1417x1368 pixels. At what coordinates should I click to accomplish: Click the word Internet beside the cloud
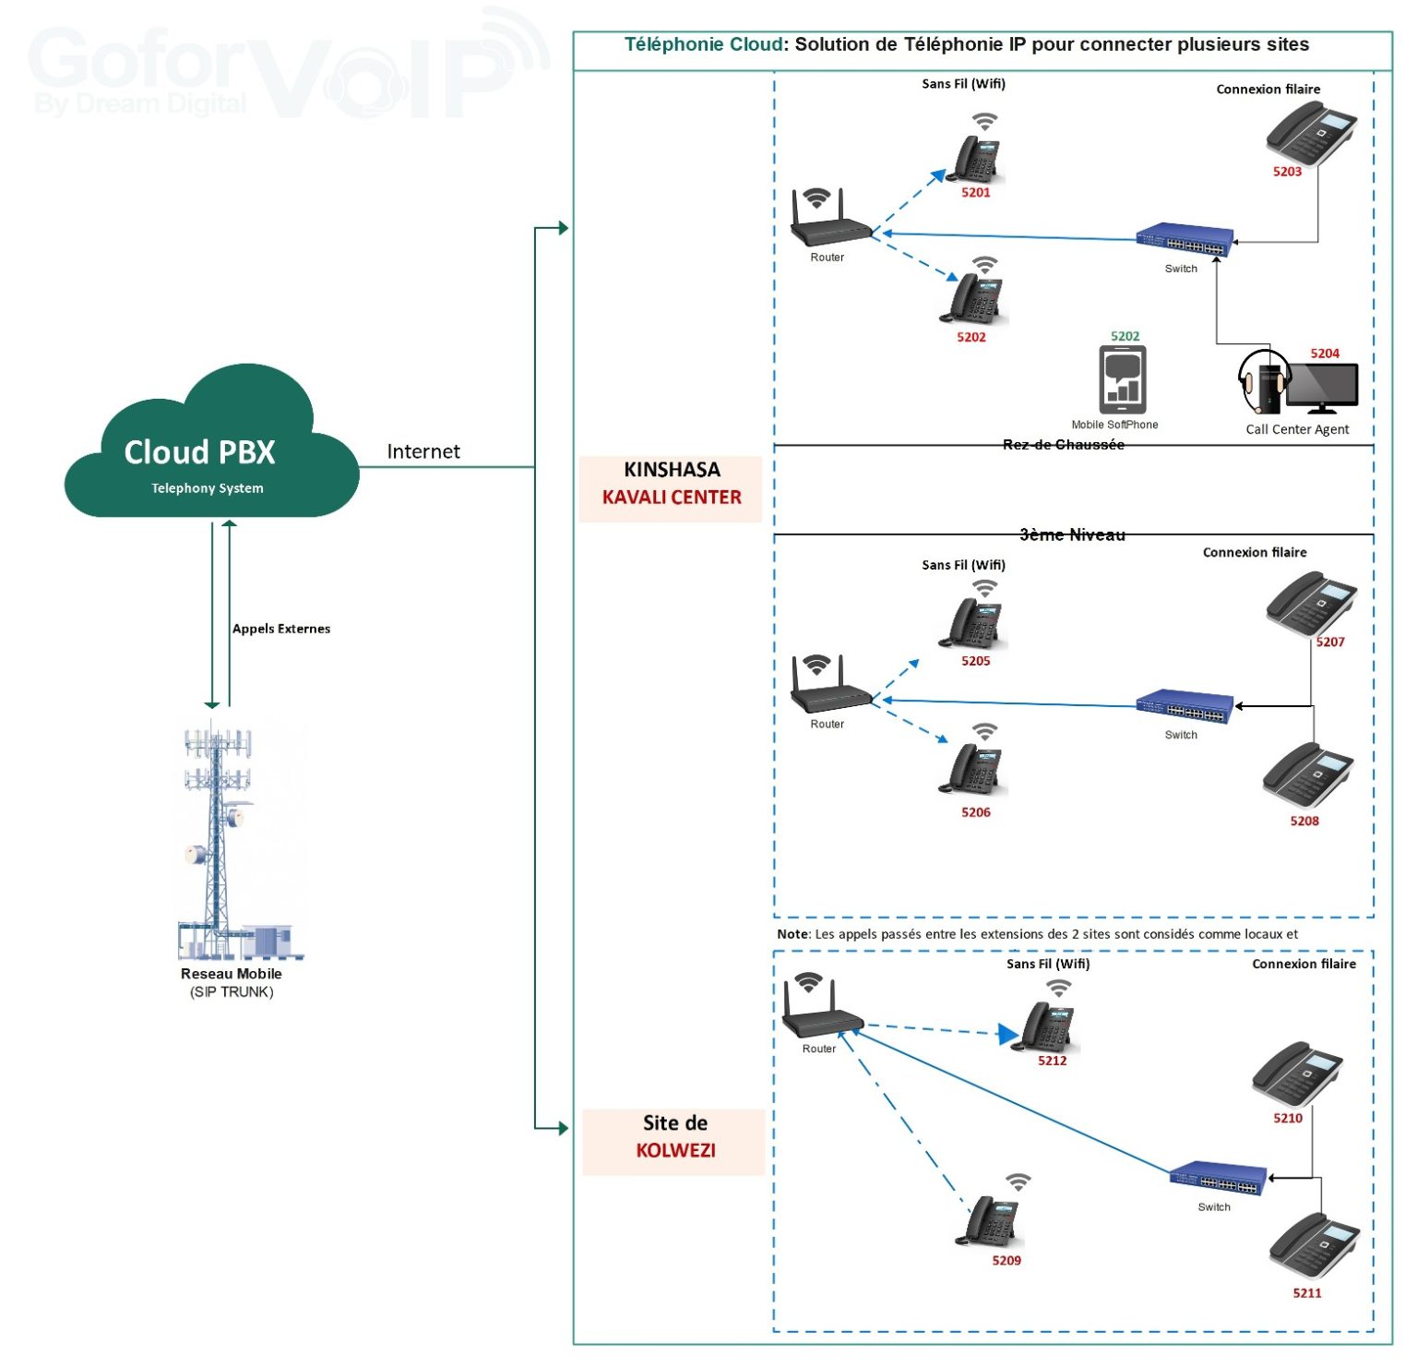423,451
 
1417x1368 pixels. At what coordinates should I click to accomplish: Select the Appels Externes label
281,629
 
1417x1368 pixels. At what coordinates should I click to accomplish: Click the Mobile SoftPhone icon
1123,379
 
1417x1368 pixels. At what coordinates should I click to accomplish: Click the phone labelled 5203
1311,133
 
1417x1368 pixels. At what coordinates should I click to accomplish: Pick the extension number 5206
976,812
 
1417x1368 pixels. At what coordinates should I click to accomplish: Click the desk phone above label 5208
1308,775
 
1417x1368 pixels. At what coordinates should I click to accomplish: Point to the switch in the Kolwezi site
1218,1178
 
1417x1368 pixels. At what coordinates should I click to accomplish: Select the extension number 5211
1307,1293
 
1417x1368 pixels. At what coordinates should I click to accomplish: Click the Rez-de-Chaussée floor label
1064,445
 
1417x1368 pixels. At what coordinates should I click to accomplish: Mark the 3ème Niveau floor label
1073,534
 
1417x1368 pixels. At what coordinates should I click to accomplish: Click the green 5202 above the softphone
1125,336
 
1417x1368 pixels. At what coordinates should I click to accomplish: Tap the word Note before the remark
792,934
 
